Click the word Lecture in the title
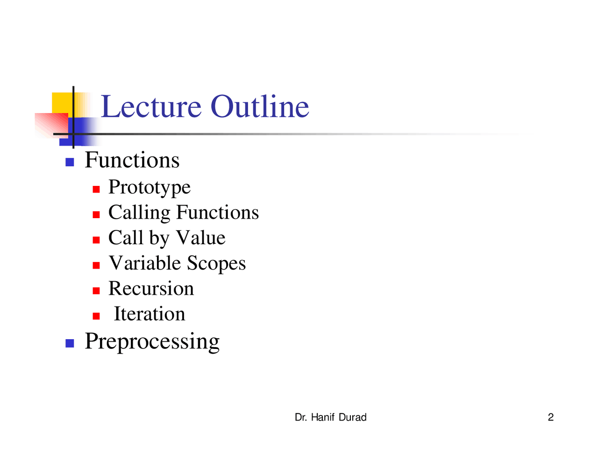pyautogui.click(x=151, y=107)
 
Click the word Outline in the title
pyautogui.click(x=259, y=107)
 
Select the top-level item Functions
pyautogui.click(x=132, y=160)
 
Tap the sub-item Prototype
pyautogui.click(x=149, y=187)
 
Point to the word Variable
pyautogui.click(x=144, y=263)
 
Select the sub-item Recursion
pyautogui.click(x=151, y=289)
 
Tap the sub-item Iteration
pyautogui.click(x=149, y=314)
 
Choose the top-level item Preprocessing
pyautogui.click(x=152, y=341)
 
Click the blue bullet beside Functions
pyautogui.click(x=70, y=163)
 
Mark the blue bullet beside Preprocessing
pyautogui.click(x=70, y=343)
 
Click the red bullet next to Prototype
pyautogui.click(x=96, y=189)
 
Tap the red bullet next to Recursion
pyautogui.click(x=96, y=291)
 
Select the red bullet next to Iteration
pyautogui.click(x=96, y=316)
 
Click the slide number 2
pyautogui.click(x=550, y=418)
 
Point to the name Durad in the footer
pyautogui.click(x=352, y=418)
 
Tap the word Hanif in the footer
pyautogui.click(x=323, y=418)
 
